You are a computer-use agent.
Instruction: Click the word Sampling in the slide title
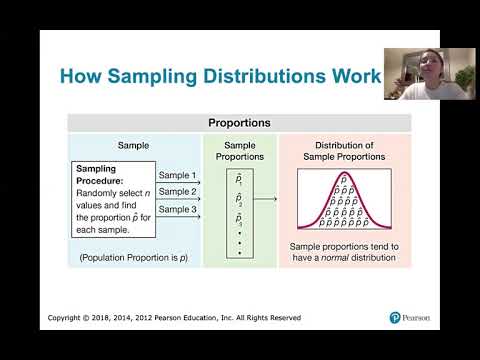point(152,77)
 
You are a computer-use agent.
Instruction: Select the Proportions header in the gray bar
point(239,123)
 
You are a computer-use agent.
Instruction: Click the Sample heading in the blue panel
point(133,146)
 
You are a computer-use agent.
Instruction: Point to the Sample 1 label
point(177,175)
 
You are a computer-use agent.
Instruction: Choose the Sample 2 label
point(177,192)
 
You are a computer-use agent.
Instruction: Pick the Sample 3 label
point(177,209)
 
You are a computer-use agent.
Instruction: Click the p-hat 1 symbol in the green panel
point(239,179)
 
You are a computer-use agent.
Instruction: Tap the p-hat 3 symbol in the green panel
point(239,219)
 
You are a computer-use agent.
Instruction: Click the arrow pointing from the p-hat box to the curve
point(265,199)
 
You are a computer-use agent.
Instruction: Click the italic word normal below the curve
point(335,258)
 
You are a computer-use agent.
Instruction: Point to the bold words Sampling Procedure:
point(100,175)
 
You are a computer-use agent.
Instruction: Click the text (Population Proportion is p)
point(133,258)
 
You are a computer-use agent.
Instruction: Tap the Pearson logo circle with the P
point(395,318)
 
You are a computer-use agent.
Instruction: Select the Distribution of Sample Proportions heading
point(344,151)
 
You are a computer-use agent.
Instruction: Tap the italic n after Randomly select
point(147,194)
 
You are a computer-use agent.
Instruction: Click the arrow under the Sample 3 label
point(178,217)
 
